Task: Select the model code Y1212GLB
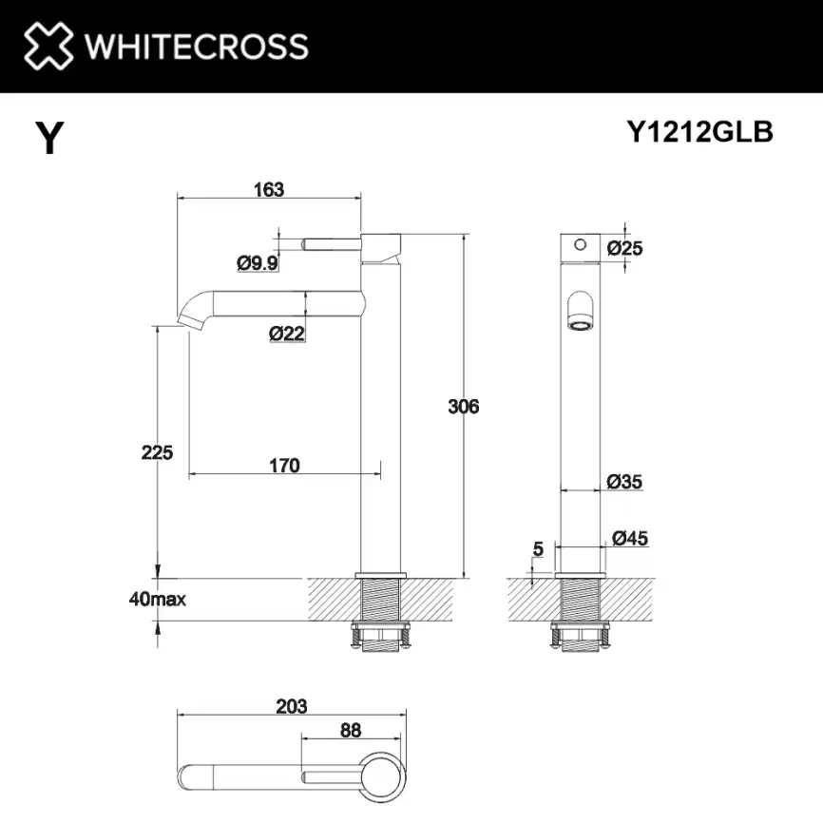pyautogui.click(x=699, y=133)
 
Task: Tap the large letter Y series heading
pyautogui.click(x=50, y=140)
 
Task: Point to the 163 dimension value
pyautogui.click(x=269, y=189)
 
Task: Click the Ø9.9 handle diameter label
pyautogui.click(x=258, y=263)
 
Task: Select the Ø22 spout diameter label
pyautogui.click(x=286, y=333)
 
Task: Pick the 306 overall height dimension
pyautogui.click(x=464, y=407)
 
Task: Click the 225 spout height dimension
pyautogui.click(x=158, y=452)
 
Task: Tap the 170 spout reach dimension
pyautogui.click(x=284, y=466)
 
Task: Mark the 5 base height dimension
pyautogui.click(x=538, y=548)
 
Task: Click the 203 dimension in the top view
pyautogui.click(x=292, y=706)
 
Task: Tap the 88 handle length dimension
pyautogui.click(x=350, y=731)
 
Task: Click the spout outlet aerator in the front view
pyautogui.click(x=580, y=325)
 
